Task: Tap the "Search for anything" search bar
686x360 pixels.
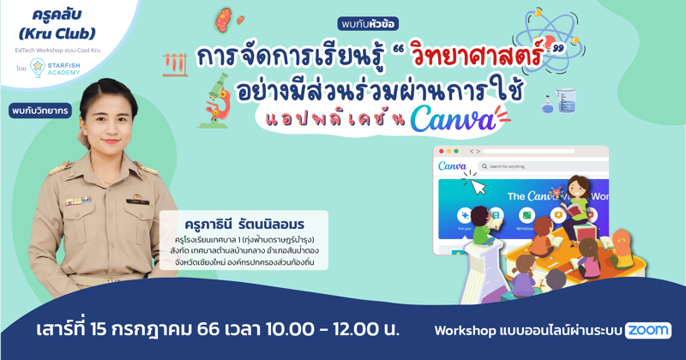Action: [540, 165]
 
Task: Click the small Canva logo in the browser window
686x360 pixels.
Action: [452, 165]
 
